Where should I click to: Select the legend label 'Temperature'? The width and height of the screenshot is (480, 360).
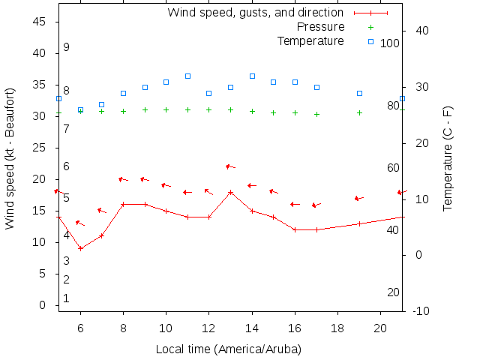point(310,40)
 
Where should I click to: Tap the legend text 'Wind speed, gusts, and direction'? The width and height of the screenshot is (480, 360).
point(256,12)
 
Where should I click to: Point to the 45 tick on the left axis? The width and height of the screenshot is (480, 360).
point(40,22)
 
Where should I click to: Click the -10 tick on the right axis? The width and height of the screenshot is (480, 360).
point(421,310)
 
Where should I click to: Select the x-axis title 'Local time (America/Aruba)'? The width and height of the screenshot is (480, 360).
point(229,349)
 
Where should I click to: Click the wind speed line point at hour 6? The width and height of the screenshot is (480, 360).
point(80,248)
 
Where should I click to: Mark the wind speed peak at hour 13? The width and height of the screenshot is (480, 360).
point(231,192)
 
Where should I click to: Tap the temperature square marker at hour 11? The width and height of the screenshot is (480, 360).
point(187,76)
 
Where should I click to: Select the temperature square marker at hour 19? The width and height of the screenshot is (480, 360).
point(359,93)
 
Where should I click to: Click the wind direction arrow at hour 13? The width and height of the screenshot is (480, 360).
point(230,166)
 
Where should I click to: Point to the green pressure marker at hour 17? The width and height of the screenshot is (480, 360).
point(316,114)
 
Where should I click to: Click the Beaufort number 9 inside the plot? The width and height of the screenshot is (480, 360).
point(66,47)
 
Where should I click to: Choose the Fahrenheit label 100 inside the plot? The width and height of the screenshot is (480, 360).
point(390,43)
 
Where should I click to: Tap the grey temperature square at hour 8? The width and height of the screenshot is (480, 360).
point(123,93)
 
